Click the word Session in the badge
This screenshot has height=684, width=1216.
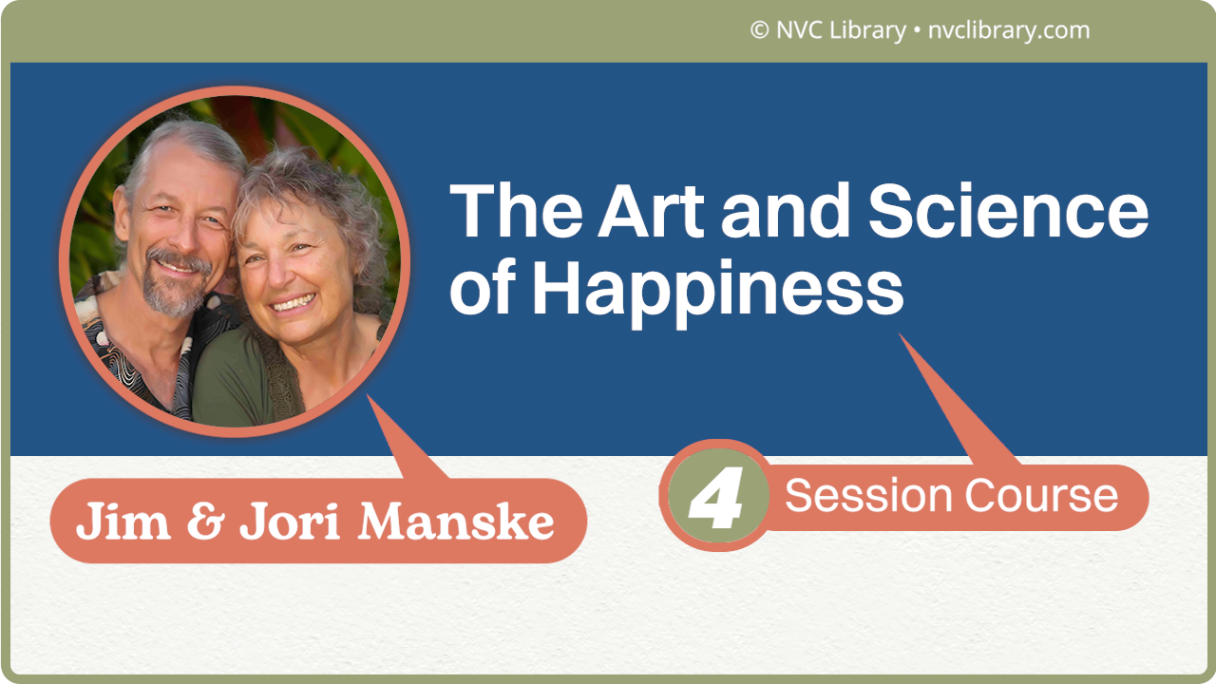(x=868, y=496)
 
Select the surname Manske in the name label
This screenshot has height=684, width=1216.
(x=455, y=521)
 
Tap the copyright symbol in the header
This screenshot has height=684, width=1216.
(x=759, y=30)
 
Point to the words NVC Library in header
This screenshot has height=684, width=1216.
(x=841, y=30)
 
